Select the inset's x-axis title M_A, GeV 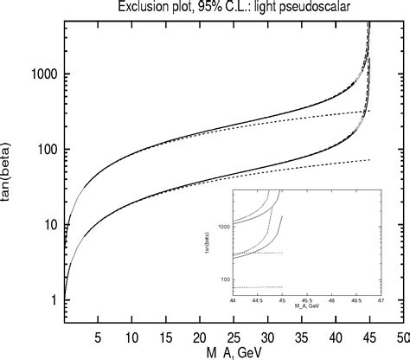(307, 307)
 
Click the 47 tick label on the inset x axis (381, 302)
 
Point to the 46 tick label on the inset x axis (332, 302)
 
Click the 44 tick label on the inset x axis (234, 302)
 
